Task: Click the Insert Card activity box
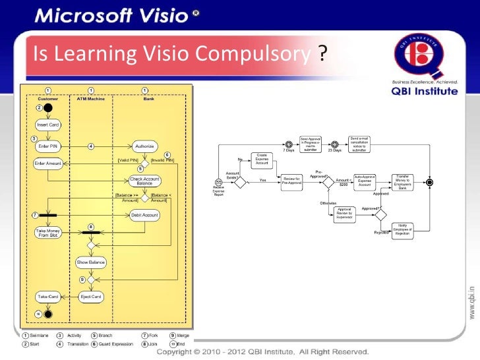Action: click(x=47, y=125)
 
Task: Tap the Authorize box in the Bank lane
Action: click(x=144, y=146)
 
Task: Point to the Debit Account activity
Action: click(x=144, y=215)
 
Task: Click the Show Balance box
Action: click(x=90, y=262)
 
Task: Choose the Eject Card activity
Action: click(x=90, y=297)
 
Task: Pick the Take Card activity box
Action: click(x=47, y=297)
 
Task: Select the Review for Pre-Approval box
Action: click(x=291, y=180)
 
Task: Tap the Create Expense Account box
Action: click(x=262, y=159)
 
